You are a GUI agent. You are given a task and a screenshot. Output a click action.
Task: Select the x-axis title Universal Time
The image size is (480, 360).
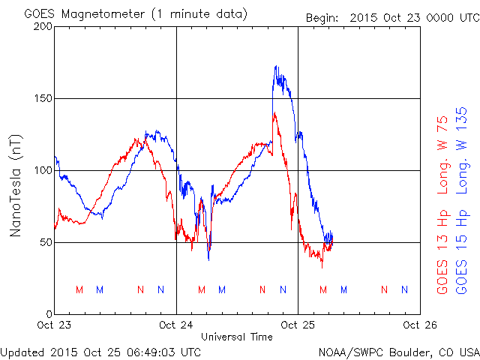236,337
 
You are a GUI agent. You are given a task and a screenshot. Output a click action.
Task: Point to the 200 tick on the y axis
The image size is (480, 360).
43,27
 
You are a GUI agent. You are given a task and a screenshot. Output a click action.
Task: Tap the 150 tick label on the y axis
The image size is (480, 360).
43,99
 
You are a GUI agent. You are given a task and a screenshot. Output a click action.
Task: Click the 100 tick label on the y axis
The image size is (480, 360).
43,171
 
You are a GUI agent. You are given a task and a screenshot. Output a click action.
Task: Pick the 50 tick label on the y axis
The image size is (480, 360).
46,243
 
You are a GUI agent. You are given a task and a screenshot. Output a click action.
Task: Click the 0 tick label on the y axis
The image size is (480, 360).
49,314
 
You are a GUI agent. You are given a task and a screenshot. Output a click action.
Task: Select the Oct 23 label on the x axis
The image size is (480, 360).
55,325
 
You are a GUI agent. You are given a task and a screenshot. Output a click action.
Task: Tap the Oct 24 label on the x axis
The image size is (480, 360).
176,325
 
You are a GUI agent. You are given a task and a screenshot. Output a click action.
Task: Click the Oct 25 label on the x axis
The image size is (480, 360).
298,325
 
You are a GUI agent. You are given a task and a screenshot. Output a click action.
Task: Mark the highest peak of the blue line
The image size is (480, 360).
276,67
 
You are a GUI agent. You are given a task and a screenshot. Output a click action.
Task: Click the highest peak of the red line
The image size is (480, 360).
274,113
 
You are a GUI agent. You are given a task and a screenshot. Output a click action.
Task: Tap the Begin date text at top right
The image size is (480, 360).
391,16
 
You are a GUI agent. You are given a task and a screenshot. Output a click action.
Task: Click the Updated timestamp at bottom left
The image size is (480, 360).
100,352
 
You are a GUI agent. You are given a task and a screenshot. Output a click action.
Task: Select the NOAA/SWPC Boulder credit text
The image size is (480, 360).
398,352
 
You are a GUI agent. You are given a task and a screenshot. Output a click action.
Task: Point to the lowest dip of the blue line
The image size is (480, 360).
208,259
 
